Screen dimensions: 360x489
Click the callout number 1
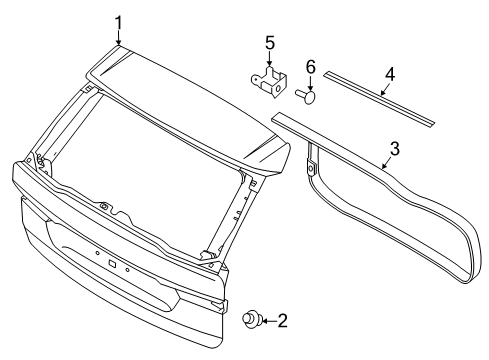point(119,21)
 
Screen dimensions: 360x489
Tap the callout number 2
point(283,322)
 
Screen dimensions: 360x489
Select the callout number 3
point(395,149)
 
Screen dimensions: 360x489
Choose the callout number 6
point(310,67)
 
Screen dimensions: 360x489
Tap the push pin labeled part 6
point(305,96)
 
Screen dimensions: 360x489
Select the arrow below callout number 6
point(310,82)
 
